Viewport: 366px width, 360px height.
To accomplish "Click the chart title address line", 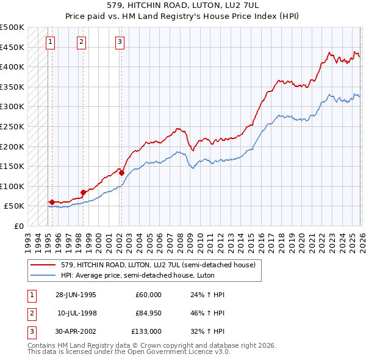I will click(x=183, y=5).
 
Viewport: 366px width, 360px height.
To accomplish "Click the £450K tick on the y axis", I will click(x=12, y=47).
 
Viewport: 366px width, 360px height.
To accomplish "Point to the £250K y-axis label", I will click(x=12, y=126).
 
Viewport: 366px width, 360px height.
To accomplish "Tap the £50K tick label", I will click(x=14, y=206).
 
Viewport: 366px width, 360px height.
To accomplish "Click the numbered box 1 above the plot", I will click(x=49, y=42).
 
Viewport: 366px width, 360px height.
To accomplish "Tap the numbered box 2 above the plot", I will click(x=81, y=42).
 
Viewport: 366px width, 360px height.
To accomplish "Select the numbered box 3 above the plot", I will click(x=120, y=42).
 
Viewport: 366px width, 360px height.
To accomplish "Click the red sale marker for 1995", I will click(x=52, y=202).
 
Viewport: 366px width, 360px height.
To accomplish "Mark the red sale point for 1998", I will click(x=83, y=192).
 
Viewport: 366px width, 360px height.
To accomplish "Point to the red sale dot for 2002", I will click(x=121, y=173).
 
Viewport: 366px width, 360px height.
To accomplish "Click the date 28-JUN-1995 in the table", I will click(x=76, y=295).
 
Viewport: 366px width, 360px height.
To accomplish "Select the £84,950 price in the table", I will click(x=148, y=313).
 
